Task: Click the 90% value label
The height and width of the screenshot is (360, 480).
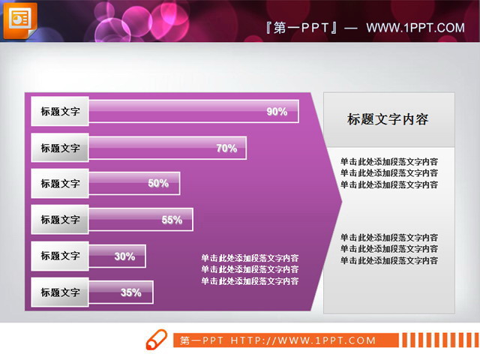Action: [x=277, y=112]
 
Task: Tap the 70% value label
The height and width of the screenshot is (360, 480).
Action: [x=226, y=148]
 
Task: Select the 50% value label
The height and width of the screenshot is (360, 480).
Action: [x=158, y=184]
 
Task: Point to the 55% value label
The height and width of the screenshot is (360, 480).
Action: [x=172, y=220]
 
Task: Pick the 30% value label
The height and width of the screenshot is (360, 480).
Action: [x=124, y=256]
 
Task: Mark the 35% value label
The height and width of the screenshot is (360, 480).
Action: [x=131, y=292]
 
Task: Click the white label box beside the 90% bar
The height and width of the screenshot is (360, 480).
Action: [x=60, y=112]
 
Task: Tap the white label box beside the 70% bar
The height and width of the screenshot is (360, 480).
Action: [x=60, y=148]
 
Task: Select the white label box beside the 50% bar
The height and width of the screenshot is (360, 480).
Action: [x=60, y=184]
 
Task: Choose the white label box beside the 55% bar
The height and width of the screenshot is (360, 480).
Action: [x=60, y=220]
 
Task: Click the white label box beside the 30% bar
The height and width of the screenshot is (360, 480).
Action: [x=60, y=256]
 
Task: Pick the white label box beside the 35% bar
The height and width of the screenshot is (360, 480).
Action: [x=60, y=292]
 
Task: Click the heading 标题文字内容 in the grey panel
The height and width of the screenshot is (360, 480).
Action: [x=388, y=119]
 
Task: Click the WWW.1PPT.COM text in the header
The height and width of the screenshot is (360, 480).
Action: [x=415, y=28]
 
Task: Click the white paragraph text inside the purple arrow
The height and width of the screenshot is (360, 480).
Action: [x=250, y=269]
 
